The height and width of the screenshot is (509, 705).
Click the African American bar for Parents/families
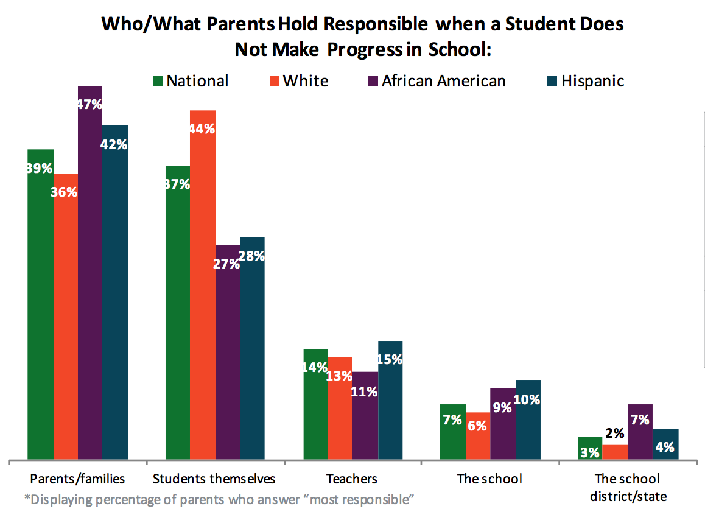point(90,274)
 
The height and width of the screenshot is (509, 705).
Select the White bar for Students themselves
point(203,286)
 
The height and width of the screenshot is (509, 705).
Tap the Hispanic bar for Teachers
point(390,402)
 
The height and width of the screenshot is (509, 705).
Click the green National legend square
point(156,80)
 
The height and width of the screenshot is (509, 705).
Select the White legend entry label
point(306,80)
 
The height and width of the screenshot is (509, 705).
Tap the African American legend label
point(443,80)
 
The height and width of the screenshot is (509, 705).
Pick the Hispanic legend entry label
point(592,80)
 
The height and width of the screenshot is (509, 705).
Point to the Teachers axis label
point(351,479)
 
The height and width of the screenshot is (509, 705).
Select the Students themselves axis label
point(214,479)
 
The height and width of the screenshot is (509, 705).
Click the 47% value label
point(89,104)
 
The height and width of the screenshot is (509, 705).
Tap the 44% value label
point(203,128)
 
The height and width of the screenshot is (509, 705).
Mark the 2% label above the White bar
point(615,434)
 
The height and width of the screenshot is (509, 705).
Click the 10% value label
point(528,400)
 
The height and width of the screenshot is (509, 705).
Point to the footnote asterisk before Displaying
point(27,499)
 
